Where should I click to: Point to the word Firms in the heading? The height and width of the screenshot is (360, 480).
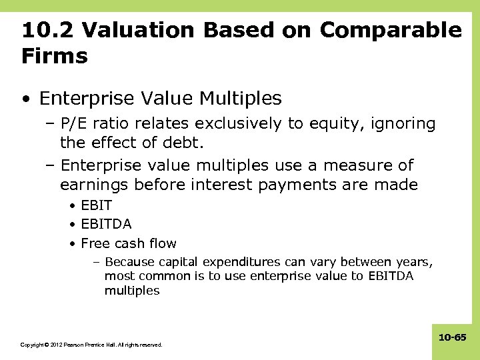tap(54, 57)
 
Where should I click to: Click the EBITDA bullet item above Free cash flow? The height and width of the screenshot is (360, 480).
tap(106, 225)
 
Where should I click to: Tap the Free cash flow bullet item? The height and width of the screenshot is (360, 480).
tap(129, 243)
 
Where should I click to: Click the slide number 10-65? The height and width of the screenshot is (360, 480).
tap(452, 339)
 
